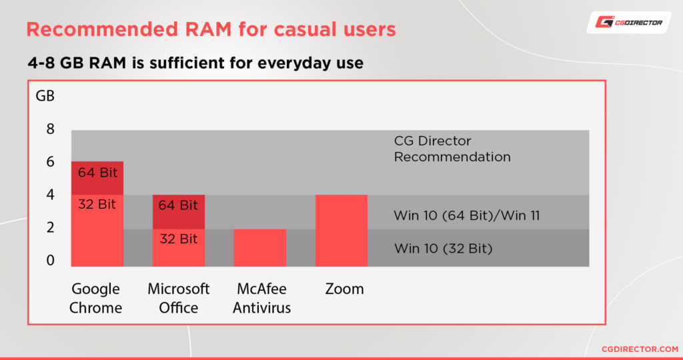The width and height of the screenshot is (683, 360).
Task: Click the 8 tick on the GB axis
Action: pos(49,129)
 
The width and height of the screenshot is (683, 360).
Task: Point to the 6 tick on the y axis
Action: pos(49,162)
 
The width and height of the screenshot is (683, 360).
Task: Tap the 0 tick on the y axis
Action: pos(49,260)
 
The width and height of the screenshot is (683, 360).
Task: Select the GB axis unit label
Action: pos(45,96)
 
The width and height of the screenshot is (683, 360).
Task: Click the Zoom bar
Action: pos(341,231)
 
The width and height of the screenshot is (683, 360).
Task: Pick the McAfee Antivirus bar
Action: pos(260,247)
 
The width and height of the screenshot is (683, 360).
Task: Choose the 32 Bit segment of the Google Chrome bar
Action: pos(97,231)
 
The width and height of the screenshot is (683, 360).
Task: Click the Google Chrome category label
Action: pos(96,298)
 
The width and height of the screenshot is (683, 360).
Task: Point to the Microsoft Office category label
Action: pos(178,298)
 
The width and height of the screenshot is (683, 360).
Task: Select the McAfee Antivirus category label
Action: pos(261,298)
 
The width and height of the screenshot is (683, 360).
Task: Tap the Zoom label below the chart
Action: pos(344,289)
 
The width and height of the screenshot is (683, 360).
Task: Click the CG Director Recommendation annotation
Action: pos(452,149)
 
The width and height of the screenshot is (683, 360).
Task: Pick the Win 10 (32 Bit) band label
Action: pos(443,249)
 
